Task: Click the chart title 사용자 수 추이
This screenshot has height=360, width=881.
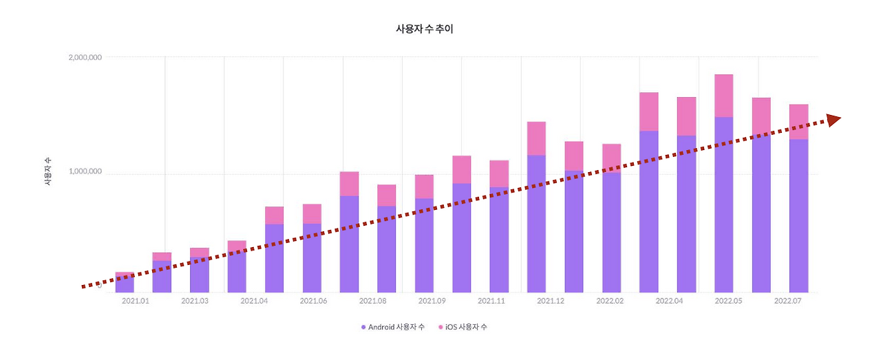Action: (424, 29)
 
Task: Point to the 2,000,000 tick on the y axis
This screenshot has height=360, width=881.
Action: (85, 57)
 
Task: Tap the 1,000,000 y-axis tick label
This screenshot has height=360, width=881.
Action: (85, 171)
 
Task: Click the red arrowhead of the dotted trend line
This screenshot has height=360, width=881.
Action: (834, 120)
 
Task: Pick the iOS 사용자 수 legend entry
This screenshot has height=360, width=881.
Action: (463, 326)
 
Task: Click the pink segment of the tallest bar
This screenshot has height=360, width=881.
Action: (723, 96)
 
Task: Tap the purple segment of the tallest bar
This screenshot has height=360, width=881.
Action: (723, 207)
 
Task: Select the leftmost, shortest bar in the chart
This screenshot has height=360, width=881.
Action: (125, 282)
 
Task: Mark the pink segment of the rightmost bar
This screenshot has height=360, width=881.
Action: (798, 121)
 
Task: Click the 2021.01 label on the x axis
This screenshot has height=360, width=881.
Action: (135, 301)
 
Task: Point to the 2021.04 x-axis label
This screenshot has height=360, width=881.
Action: (254, 301)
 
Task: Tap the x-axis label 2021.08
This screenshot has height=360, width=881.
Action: (372, 301)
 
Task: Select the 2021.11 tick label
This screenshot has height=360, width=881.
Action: (491, 301)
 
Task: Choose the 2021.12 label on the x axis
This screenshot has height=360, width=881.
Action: (551, 301)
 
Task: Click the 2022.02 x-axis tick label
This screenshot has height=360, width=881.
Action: (610, 301)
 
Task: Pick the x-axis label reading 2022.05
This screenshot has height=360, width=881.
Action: (729, 301)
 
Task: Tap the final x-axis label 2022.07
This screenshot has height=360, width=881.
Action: (788, 301)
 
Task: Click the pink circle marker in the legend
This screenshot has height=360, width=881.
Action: (440, 327)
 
